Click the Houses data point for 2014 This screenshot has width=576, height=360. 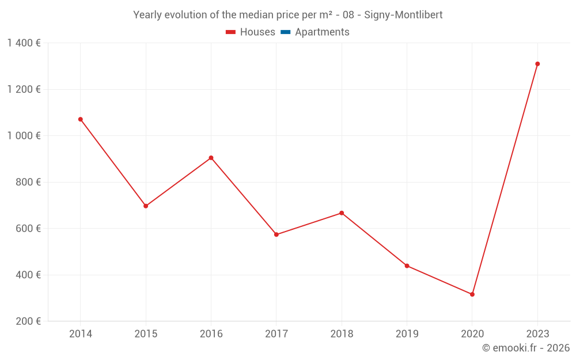81,119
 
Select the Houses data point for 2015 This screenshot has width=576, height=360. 146,206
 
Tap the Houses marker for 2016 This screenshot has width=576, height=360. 211,158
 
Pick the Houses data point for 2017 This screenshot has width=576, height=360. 276,234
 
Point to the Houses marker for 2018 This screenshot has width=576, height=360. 342,213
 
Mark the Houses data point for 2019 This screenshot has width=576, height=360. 407,266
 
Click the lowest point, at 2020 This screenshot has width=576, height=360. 472,294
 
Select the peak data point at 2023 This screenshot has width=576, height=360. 537,64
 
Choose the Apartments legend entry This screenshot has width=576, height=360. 322,32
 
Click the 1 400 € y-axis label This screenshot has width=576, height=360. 24,43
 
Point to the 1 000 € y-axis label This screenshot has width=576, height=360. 24,136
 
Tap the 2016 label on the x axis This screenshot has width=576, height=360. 211,334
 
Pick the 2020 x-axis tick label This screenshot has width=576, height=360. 472,334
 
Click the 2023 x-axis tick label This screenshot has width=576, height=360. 537,334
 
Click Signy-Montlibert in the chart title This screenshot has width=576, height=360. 403,15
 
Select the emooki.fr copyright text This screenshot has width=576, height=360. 525,348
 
